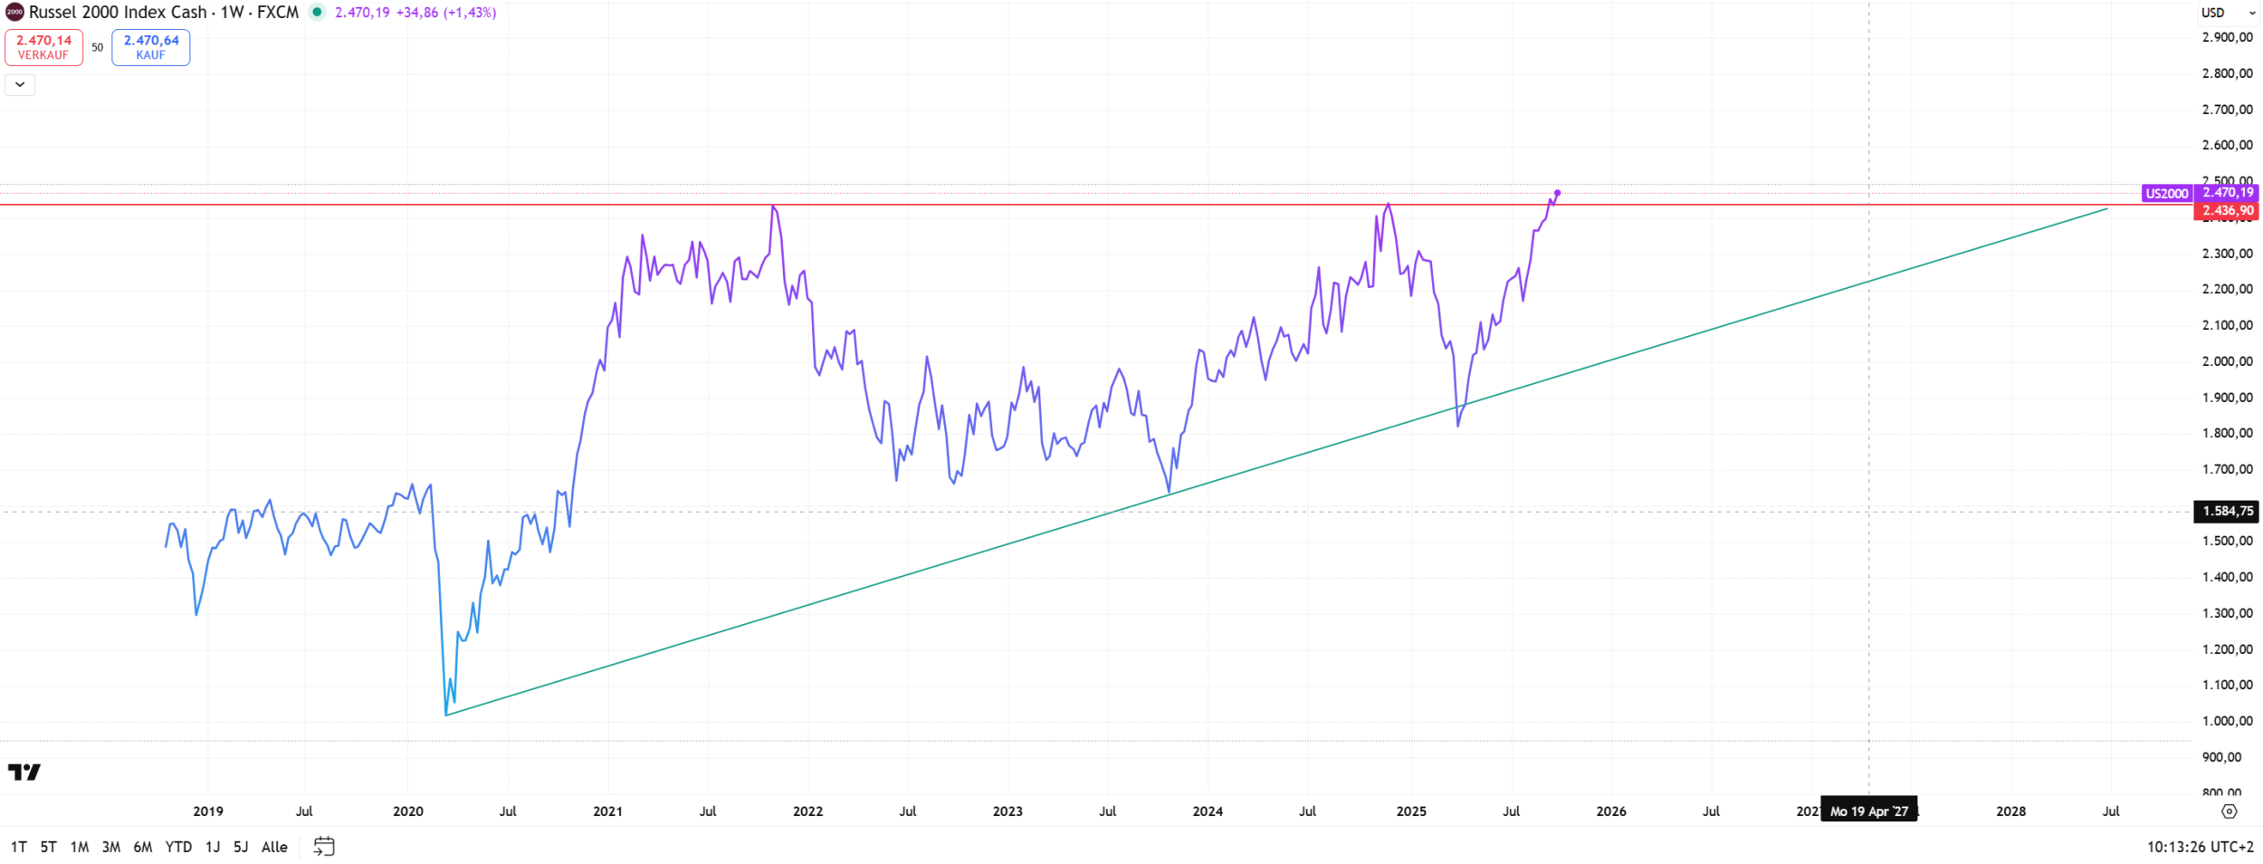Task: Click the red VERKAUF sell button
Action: click(x=43, y=47)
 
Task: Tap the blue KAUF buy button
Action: click(x=150, y=47)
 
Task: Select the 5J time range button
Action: click(x=241, y=847)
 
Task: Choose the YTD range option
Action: click(x=178, y=847)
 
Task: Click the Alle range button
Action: click(x=274, y=847)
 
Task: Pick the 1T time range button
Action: click(x=18, y=847)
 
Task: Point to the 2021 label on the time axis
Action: click(x=607, y=811)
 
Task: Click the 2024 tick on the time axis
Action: click(x=1208, y=811)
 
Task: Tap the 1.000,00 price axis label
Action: click(x=2227, y=722)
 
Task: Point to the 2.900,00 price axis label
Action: click(x=2227, y=37)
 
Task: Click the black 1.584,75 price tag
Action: click(x=2226, y=512)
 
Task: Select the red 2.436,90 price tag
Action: click(x=2226, y=211)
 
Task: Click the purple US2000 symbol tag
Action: click(x=2167, y=194)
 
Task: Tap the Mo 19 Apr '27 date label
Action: click(x=1868, y=811)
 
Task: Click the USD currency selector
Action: click(x=2227, y=13)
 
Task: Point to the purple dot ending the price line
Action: click(x=1557, y=193)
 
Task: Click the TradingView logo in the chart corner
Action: click(x=24, y=773)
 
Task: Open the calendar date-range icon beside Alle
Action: click(x=324, y=847)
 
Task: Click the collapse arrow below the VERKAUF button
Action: click(x=20, y=85)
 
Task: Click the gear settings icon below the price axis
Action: click(x=2229, y=811)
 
